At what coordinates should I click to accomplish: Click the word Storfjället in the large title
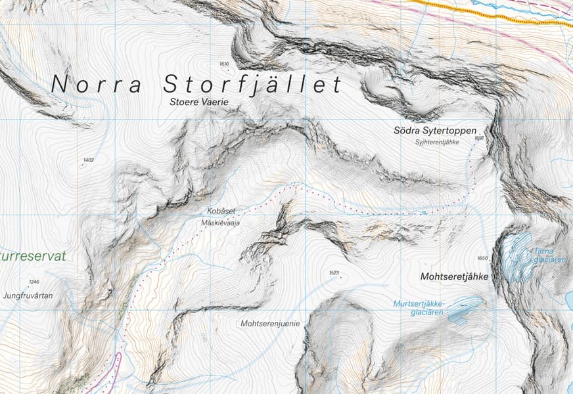pos(253,85)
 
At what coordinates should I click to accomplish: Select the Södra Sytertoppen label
pos(434,130)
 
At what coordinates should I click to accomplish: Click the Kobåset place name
pos(221,211)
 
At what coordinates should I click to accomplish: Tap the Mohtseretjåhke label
pos(453,277)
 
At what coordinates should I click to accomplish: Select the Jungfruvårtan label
pos(28,295)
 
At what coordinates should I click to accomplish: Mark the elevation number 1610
pos(224,64)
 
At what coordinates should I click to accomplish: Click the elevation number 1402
pos(89,160)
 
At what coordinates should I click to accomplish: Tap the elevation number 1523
pos(333,273)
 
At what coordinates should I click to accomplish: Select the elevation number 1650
pos(483,258)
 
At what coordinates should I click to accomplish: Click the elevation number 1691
pos(478,139)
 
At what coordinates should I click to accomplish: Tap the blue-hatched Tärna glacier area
pos(518,256)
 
